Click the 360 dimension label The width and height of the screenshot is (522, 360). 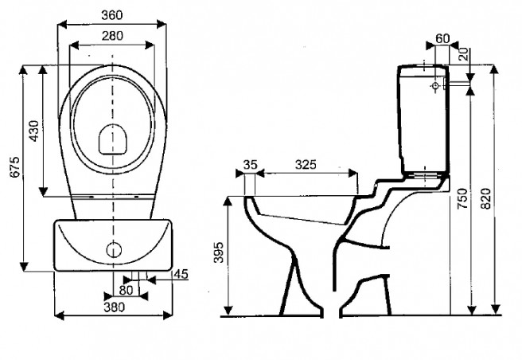[x=112, y=14]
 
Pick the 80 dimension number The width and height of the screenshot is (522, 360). [x=125, y=291]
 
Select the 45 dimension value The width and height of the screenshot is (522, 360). [x=180, y=275]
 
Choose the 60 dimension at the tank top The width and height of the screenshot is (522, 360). [x=442, y=38]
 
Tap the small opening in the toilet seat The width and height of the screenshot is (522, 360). [x=113, y=140]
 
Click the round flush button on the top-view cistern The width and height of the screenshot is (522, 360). [x=113, y=248]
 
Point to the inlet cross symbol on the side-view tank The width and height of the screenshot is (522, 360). [x=434, y=84]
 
